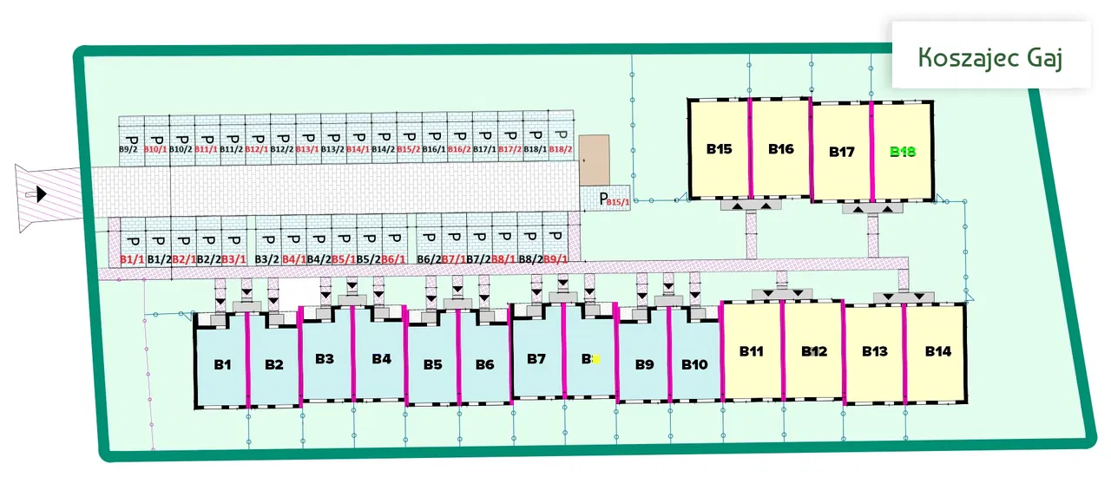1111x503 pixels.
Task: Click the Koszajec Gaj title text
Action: [990, 56]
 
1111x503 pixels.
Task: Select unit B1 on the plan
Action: [223, 364]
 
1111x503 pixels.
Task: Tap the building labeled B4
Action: [381, 358]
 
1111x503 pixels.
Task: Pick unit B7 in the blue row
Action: [536, 358]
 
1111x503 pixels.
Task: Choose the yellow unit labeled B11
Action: [752, 351]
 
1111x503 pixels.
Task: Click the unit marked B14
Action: [937, 351]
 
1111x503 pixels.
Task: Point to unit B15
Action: [719, 149]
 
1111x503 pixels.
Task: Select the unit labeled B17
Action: [841, 152]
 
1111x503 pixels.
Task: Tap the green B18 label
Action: [903, 152]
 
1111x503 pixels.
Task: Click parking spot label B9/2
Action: [128, 149]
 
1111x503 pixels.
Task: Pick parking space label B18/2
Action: [561, 149]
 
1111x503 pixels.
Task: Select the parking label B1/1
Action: [132, 258]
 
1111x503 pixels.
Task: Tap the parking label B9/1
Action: [555, 258]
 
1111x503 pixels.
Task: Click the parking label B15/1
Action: [618, 202]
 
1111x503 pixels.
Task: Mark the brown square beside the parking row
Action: [595, 159]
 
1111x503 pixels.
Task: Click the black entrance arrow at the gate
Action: [40, 195]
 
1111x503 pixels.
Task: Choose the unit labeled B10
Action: [694, 364]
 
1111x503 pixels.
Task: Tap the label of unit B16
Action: [780, 149]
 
